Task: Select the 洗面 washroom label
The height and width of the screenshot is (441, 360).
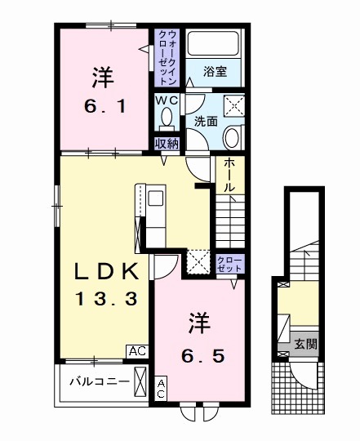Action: [205, 121]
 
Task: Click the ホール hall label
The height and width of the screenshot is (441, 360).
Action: [229, 175]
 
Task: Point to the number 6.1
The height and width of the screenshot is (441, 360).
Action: [101, 107]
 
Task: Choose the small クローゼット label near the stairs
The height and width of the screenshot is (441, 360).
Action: [229, 263]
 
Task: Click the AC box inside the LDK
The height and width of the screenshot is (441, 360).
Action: [136, 351]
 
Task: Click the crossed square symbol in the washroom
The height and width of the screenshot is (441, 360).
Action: [233, 105]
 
